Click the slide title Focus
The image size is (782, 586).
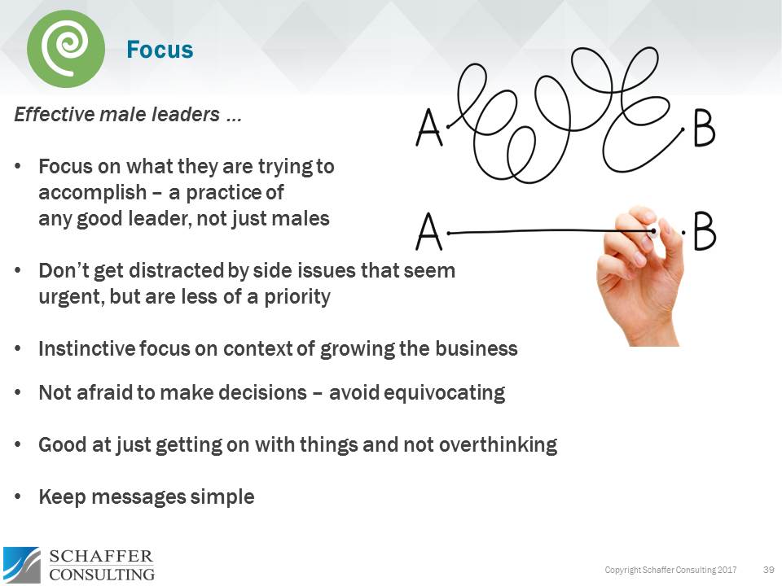click(x=160, y=50)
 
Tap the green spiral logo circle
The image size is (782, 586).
click(x=66, y=49)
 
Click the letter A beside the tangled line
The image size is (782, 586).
click(x=429, y=129)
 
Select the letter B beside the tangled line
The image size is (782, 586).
click(x=704, y=129)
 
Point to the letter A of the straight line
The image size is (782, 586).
click(x=429, y=232)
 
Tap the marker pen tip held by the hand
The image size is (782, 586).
click(x=654, y=232)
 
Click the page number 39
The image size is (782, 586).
click(x=767, y=568)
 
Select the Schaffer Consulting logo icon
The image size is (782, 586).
click(x=21, y=565)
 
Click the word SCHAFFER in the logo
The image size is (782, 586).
click(x=101, y=557)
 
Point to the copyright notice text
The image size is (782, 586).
click(x=670, y=568)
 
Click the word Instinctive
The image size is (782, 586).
click(x=84, y=349)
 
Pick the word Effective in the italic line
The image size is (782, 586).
click(x=53, y=115)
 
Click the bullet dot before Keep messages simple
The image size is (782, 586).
click(x=19, y=496)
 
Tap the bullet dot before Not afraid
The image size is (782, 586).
click(x=19, y=393)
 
